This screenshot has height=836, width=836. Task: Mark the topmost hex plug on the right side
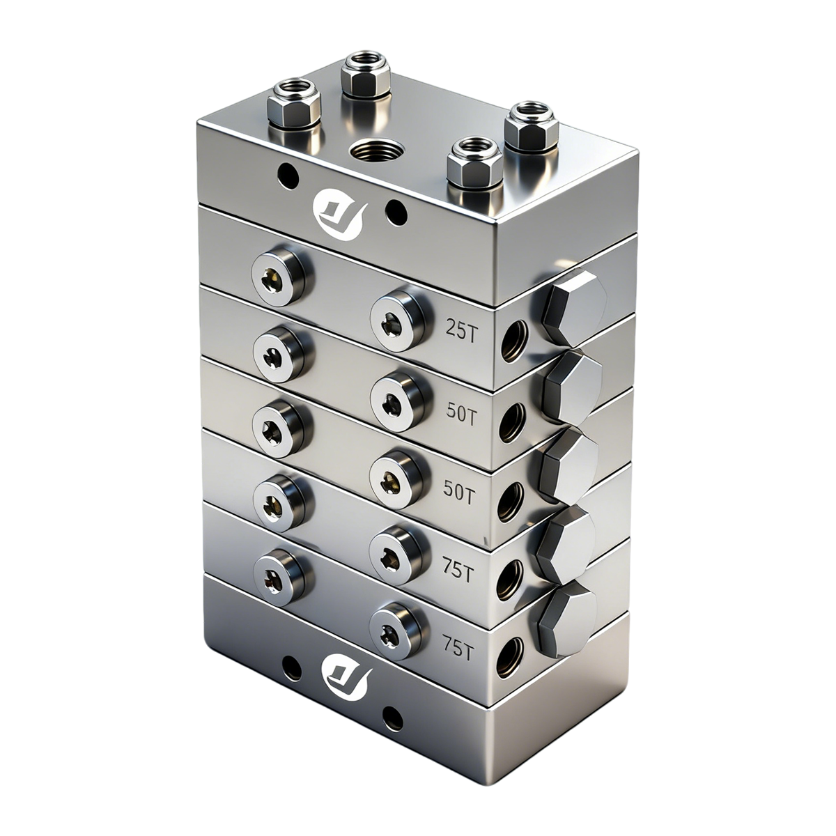tap(573, 307)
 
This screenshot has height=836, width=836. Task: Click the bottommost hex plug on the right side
tap(567, 619)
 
